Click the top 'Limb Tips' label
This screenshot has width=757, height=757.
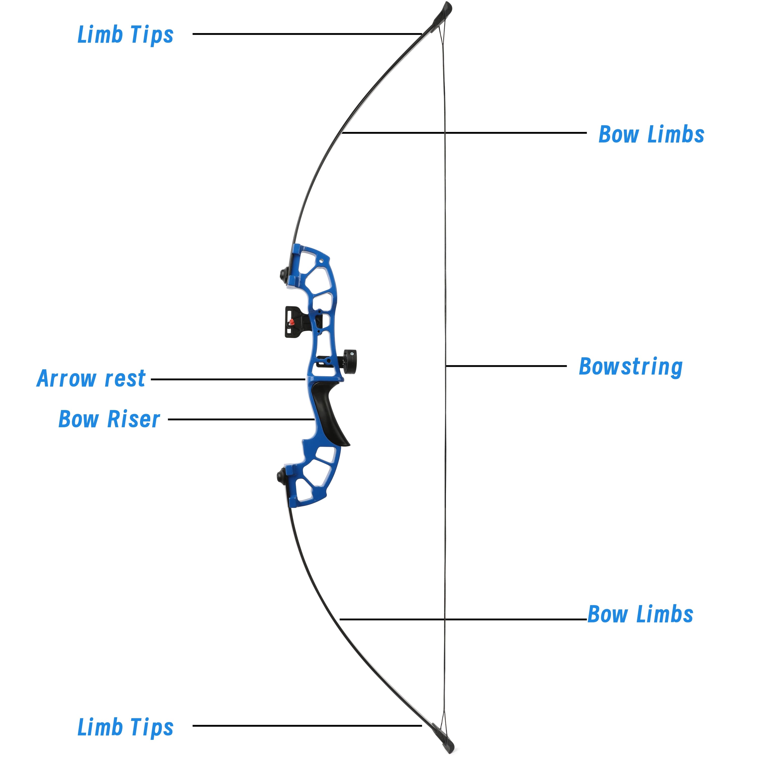[125, 35]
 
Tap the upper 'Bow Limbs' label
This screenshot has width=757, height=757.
[651, 134]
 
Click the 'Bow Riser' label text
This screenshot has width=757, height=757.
[109, 419]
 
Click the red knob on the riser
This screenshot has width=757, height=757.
[291, 322]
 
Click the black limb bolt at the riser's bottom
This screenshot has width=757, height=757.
[281, 476]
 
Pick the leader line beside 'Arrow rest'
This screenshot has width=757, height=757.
[227, 379]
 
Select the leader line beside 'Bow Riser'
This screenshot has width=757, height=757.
[241, 419]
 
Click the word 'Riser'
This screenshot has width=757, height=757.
[133, 419]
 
